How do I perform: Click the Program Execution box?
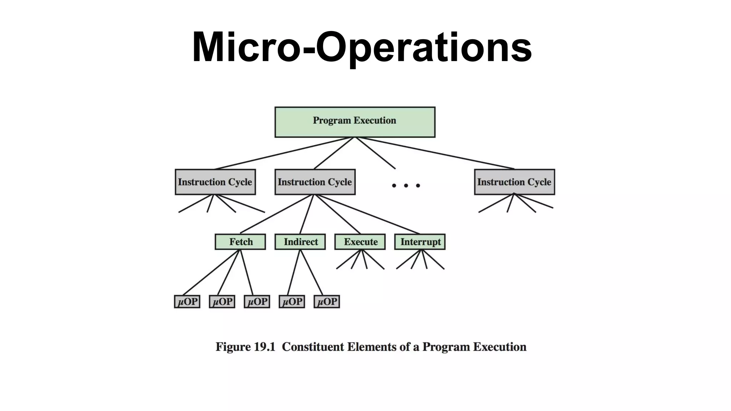(355, 122)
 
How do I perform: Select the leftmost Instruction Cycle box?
(215, 182)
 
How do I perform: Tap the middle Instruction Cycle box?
(315, 182)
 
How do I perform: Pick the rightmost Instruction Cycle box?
(514, 182)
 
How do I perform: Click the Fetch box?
(240, 242)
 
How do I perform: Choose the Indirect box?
(300, 242)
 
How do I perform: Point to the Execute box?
(360, 242)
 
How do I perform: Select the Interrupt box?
(420, 242)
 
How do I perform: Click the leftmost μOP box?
(187, 301)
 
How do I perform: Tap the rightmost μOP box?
(327, 301)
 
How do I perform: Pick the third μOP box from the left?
(257, 301)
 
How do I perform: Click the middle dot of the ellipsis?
(406, 186)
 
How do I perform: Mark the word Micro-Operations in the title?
(362, 47)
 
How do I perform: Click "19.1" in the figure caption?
(264, 347)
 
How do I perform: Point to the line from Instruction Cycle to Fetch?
(277, 214)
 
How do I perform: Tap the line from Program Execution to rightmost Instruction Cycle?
(435, 153)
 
